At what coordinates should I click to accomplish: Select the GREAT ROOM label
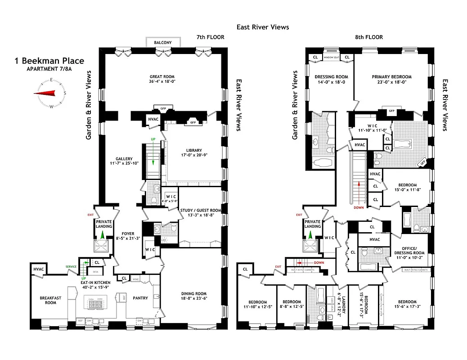pyautogui.click(x=162, y=76)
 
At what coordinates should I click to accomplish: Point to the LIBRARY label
pyautogui.click(x=194, y=150)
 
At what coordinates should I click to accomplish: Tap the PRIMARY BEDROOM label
pyautogui.click(x=391, y=76)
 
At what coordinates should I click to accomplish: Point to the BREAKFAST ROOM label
pyautogui.click(x=50, y=300)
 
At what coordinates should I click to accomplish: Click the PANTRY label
pyautogui.click(x=140, y=298)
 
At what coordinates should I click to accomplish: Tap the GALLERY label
pyautogui.click(x=124, y=158)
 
